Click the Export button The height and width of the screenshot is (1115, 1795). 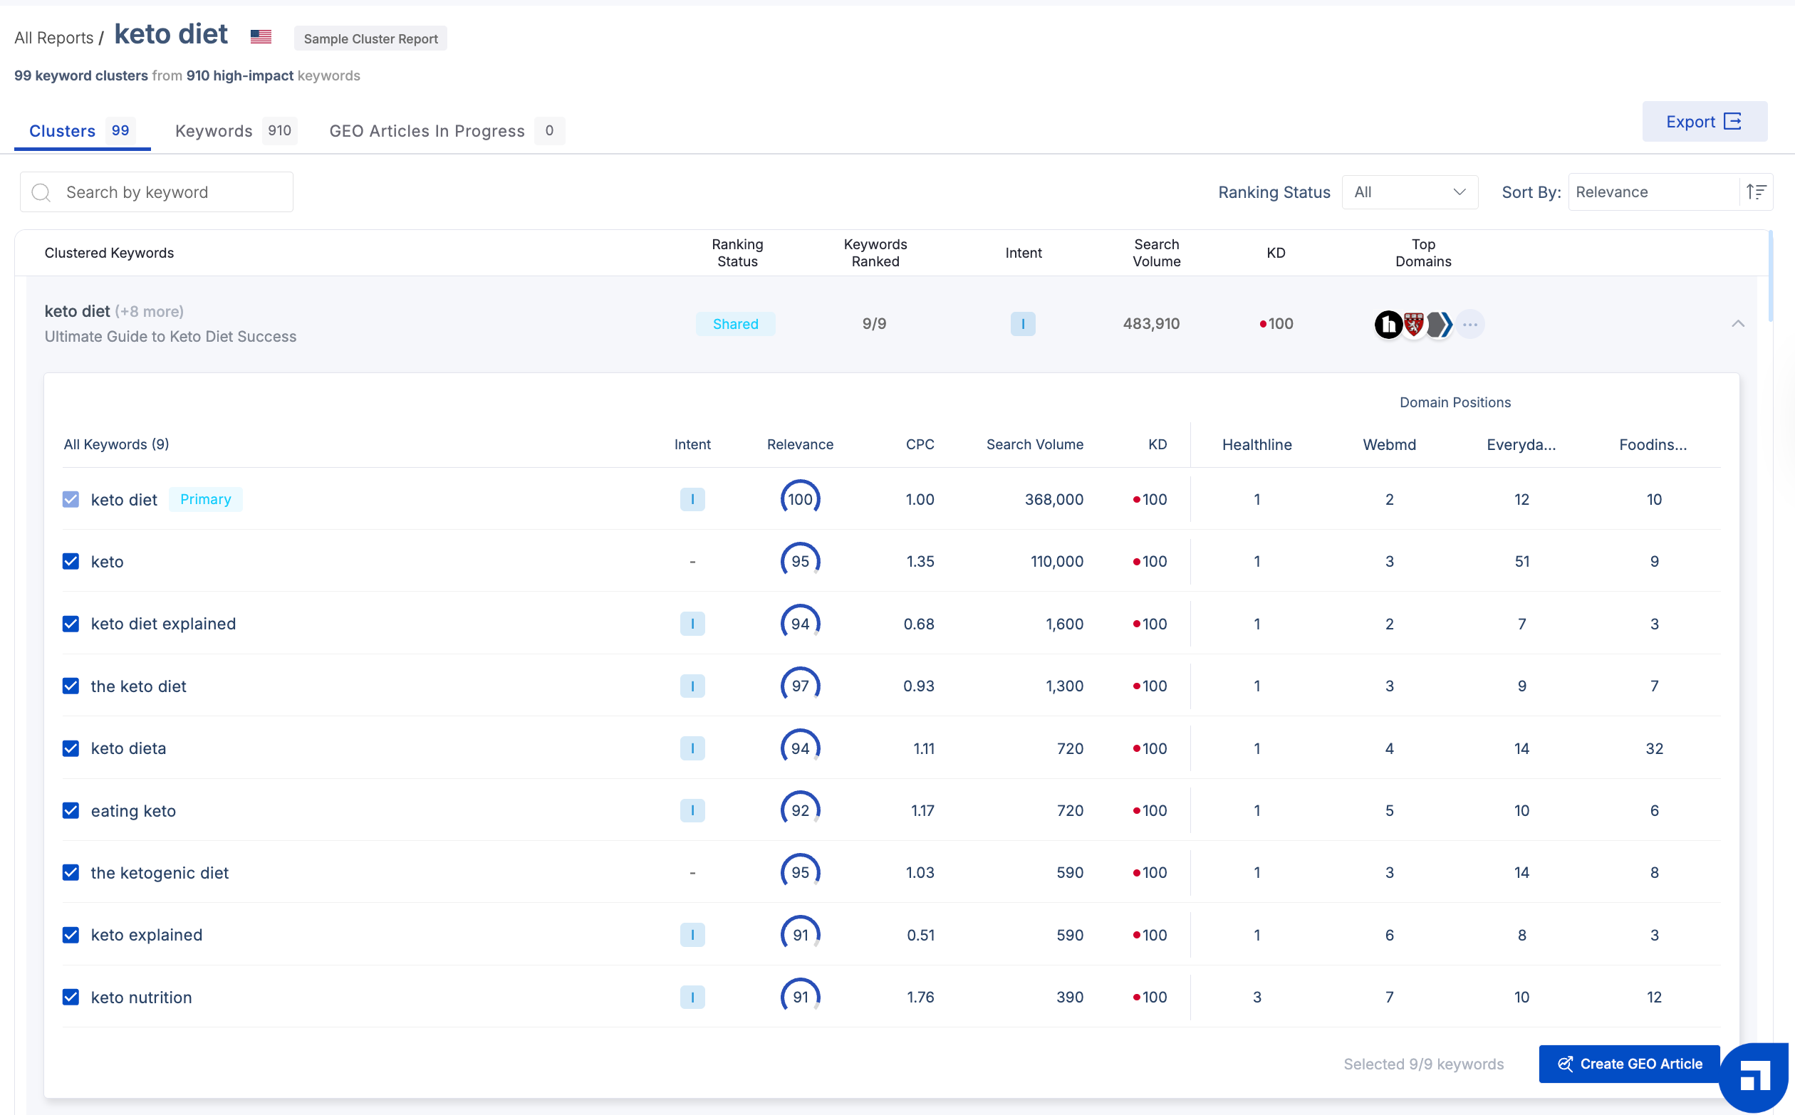click(x=1704, y=122)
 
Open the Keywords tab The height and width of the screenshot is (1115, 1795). click(x=214, y=131)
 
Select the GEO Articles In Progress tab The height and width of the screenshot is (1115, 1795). click(x=427, y=131)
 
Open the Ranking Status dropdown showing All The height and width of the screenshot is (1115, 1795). click(x=1409, y=192)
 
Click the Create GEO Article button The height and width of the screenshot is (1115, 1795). click(x=1630, y=1064)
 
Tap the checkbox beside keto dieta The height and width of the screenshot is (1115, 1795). click(x=71, y=748)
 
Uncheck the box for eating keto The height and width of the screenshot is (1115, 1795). click(x=71, y=810)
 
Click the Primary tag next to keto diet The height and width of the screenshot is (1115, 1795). click(x=205, y=499)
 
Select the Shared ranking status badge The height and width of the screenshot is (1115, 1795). click(x=735, y=324)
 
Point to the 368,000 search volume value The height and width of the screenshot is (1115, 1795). click(x=1053, y=499)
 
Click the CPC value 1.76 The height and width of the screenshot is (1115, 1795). click(x=920, y=997)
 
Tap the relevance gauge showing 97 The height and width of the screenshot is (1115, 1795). click(x=800, y=686)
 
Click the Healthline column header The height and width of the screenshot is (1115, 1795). click(x=1256, y=445)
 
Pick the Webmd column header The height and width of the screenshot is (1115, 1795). click(x=1388, y=445)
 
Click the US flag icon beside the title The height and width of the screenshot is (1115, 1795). click(x=261, y=36)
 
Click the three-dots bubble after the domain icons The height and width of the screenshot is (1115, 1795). click(x=1469, y=324)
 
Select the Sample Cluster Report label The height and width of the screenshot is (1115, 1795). click(x=370, y=38)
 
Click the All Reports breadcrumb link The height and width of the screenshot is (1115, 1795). click(x=54, y=38)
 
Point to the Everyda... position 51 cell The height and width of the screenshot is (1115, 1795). click(x=1521, y=561)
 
